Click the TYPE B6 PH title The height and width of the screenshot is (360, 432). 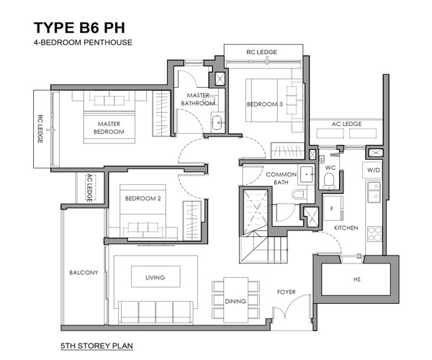click(x=79, y=27)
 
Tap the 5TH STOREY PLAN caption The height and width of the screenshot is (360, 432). click(x=96, y=346)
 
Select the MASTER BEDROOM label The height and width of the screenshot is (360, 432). click(x=109, y=128)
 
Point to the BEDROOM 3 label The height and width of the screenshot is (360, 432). click(x=264, y=104)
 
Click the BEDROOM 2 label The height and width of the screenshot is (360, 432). click(x=143, y=199)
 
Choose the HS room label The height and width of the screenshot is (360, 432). click(x=357, y=279)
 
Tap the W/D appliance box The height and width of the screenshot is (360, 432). click(x=373, y=170)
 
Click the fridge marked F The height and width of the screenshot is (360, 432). click(x=333, y=208)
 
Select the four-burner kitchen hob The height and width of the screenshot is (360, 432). click(x=374, y=234)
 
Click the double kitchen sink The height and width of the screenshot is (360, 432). click(x=374, y=192)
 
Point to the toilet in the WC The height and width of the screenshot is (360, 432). click(x=329, y=181)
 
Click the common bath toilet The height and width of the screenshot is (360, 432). click(x=299, y=194)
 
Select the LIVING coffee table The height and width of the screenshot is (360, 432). click(x=156, y=276)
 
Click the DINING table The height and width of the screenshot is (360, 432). click(x=235, y=300)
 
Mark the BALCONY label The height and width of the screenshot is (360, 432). click(x=84, y=273)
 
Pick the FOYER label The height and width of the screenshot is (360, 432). click(x=287, y=292)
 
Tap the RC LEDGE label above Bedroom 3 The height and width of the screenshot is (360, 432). click(x=261, y=52)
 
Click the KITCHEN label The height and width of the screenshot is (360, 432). click(x=346, y=228)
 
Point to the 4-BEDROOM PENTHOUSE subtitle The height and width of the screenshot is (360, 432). click(x=83, y=42)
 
